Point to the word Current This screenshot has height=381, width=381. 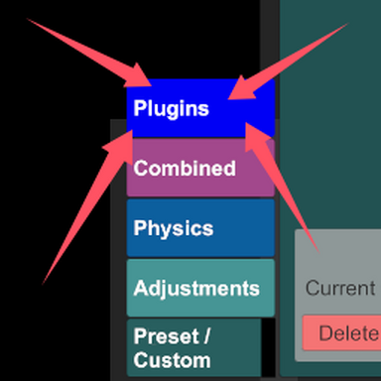(340, 289)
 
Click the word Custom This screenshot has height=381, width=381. (172, 360)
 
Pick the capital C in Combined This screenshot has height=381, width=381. (141, 169)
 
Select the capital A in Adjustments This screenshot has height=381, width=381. (141, 289)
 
